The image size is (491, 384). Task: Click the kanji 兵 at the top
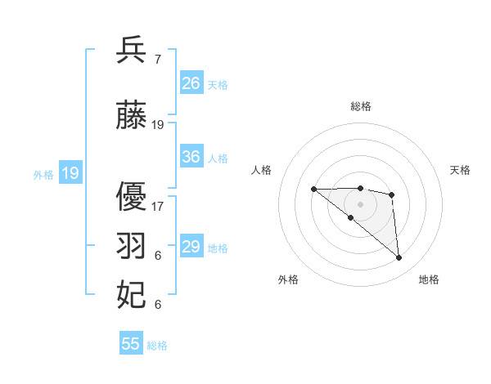point(132,51)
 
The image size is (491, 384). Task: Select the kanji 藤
point(132,116)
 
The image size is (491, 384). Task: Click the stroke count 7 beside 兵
point(157,60)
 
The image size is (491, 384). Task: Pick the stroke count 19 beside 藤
point(158,125)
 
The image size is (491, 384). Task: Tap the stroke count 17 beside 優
point(158,207)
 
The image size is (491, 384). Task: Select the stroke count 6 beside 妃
point(157,305)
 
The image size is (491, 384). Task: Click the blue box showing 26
point(191,83)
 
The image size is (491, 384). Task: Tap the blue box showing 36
point(191,157)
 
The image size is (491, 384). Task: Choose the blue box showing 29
point(191,247)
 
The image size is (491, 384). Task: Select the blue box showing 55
point(131,344)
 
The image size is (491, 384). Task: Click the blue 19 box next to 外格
point(70,173)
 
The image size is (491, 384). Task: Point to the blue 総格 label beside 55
point(157,346)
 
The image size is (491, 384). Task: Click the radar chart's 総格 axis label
point(360,107)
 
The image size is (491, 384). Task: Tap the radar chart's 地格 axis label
point(429,280)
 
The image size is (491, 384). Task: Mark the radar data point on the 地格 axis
point(399,258)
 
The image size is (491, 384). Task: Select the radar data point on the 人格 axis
point(313,190)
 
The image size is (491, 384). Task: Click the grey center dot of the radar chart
point(360,203)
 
